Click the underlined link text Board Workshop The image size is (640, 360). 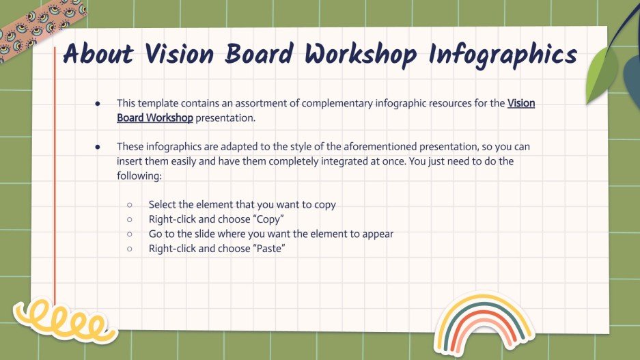tap(155, 117)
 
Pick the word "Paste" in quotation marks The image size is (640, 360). tap(269, 249)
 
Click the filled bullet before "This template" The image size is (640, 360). tap(98, 103)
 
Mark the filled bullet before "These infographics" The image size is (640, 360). tap(98, 147)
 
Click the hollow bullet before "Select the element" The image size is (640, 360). tap(130, 205)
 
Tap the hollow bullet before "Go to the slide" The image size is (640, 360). tap(130, 234)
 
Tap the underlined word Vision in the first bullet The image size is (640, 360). tap(521, 103)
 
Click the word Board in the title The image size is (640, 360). tap(262, 55)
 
